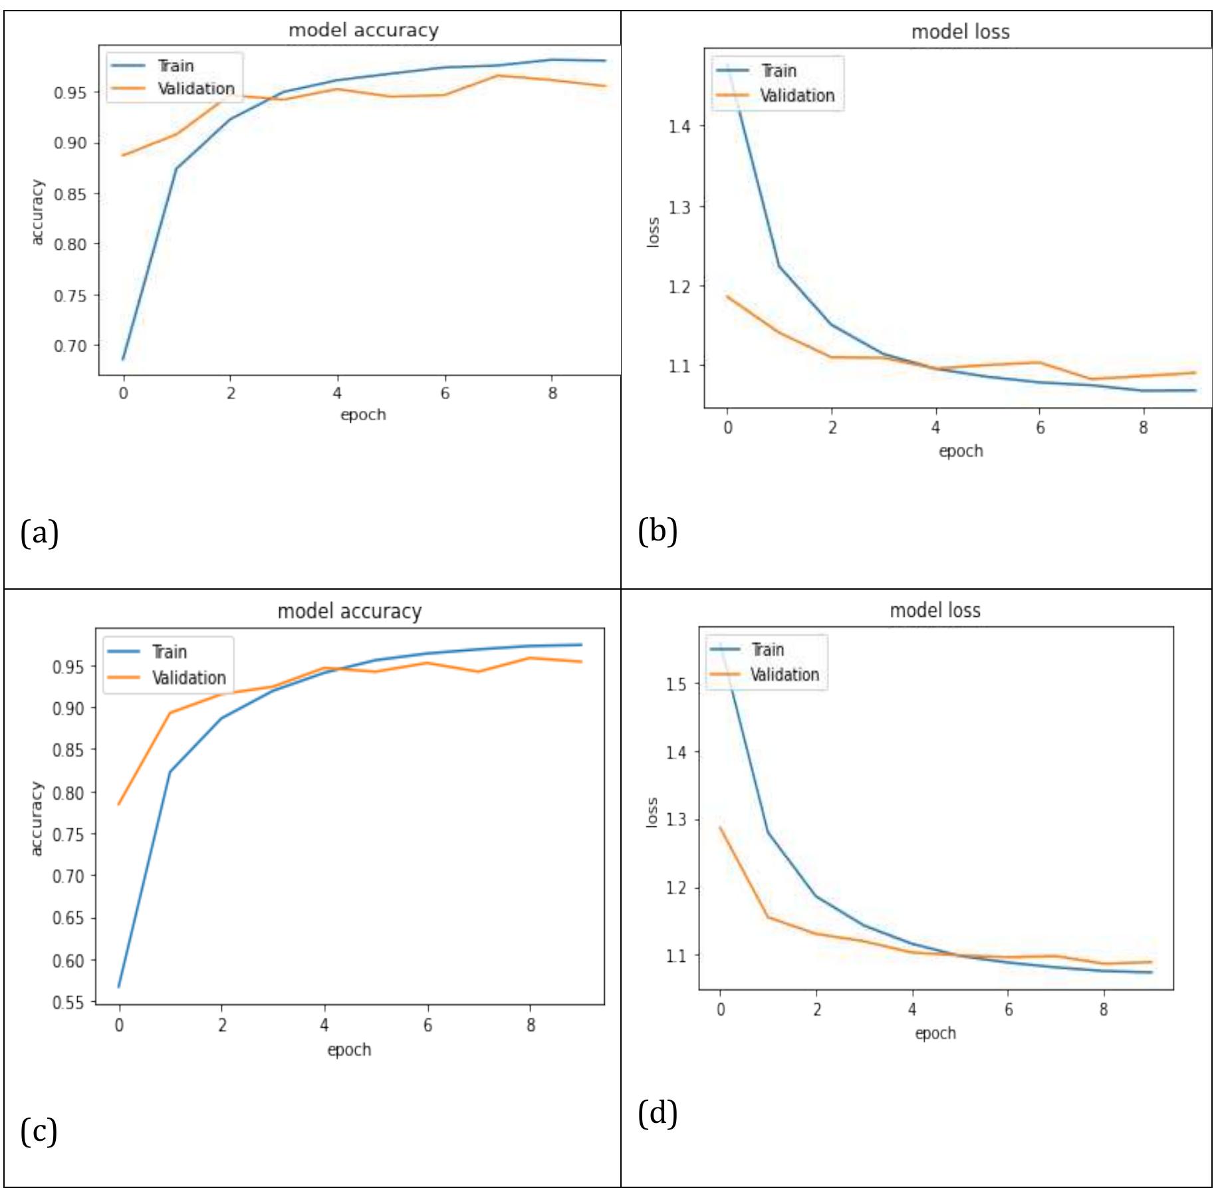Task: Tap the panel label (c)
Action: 39,1131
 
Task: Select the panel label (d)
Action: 657,1113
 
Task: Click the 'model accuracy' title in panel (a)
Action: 363,31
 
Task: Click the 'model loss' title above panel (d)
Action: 934,610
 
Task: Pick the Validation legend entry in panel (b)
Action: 796,96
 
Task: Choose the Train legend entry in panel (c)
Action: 169,652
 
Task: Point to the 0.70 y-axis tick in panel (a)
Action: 70,346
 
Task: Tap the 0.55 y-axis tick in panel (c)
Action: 68,1003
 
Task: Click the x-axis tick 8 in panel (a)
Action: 552,394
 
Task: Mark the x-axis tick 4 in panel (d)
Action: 912,1010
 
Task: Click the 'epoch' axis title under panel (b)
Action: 960,451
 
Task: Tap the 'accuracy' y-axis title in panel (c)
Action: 37,818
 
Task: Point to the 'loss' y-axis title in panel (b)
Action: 654,233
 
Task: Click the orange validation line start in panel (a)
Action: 124,155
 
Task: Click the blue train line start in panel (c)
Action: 119,987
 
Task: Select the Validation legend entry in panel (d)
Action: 784,675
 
